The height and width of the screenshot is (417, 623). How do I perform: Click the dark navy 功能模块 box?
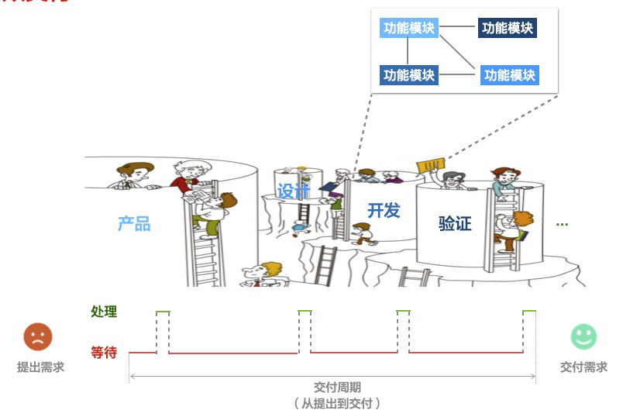(508, 29)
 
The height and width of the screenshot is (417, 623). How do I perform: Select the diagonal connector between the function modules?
(460, 53)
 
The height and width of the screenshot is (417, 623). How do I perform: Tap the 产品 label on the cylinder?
(134, 224)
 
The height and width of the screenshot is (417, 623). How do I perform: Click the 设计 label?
(293, 191)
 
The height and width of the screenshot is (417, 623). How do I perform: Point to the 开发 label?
(384, 209)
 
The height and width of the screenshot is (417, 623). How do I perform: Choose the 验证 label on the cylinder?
(455, 224)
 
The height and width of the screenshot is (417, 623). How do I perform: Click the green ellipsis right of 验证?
(563, 224)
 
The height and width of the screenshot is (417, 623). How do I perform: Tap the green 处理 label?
(104, 312)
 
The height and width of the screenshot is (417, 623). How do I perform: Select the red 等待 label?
(104, 353)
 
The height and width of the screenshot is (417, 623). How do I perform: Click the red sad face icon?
(38, 336)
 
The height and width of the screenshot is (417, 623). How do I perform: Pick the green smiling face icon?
(583, 336)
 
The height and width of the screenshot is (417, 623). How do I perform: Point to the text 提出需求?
(40, 367)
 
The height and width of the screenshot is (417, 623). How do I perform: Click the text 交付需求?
(583, 367)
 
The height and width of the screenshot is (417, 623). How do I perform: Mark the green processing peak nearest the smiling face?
(529, 311)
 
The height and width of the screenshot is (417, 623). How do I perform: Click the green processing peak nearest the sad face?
(163, 312)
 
